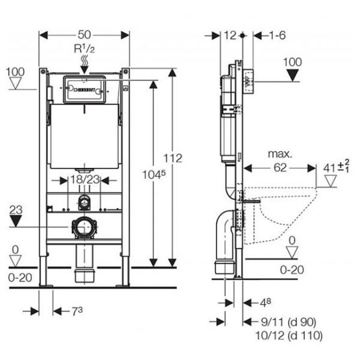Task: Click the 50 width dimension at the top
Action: pyautogui.click(x=84, y=35)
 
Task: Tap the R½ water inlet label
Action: pyautogui.click(x=84, y=49)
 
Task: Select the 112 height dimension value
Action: pyautogui.click(x=173, y=158)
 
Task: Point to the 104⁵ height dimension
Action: pyautogui.click(x=154, y=174)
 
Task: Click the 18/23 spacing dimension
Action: pyautogui.click(x=85, y=180)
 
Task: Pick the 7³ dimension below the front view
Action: pyautogui.click(x=77, y=311)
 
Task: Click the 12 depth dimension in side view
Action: pyautogui.click(x=230, y=36)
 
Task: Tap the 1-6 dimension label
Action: pyautogui.click(x=277, y=36)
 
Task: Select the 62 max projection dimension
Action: pyautogui.click(x=280, y=168)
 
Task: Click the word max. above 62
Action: pyautogui.click(x=280, y=154)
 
